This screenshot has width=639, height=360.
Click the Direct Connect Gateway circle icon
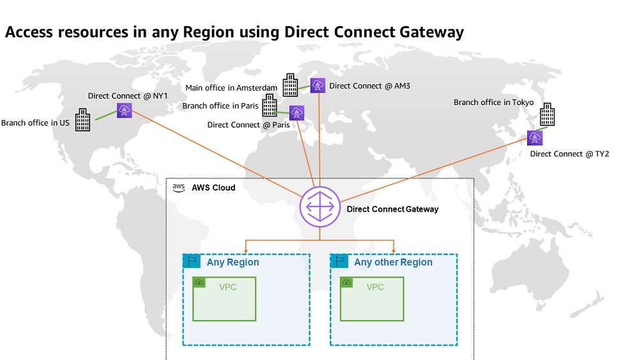pyautogui.click(x=320, y=207)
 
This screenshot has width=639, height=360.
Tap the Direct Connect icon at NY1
pyautogui.click(x=125, y=111)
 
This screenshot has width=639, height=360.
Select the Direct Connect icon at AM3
pyautogui.click(x=318, y=86)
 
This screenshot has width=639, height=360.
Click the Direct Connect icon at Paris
pyautogui.click(x=296, y=113)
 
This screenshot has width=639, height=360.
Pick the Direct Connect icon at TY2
pyautogui.click(x=535, y=138)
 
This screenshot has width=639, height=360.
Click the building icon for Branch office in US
pyautogui.click(x=82, y=120)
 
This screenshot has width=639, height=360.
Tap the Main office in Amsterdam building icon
pyautogui.click(x=290, y=85)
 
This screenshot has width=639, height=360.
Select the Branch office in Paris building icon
pyautogui.click(x=270, y=106)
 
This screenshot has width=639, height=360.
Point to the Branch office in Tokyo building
pyautogui.click(x=548, y=114)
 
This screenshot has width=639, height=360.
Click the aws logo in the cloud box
pyautogui.click(x=178, y=187)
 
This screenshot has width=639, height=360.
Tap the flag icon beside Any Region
pyautogui.click(x=192, y=261)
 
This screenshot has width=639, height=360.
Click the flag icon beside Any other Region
pyautogui.click(x=339, y=261)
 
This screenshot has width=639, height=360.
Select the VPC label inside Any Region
pyautogui.click(x=228, y=287)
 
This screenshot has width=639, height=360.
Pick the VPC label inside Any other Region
pyautogui.click(x=375, y=287)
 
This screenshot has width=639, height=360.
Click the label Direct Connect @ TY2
pyautogui.click(x=570, y=153)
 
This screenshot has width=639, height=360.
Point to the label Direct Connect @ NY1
pyautogui.click(x=128, y=96)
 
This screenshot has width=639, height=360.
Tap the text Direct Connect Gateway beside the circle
pyautogui.click(x=392, y=209)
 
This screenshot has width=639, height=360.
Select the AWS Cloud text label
pyautogui.click(x=213, y=187)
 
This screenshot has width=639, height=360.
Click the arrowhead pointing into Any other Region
pyautogui.click(x=393, y=250)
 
